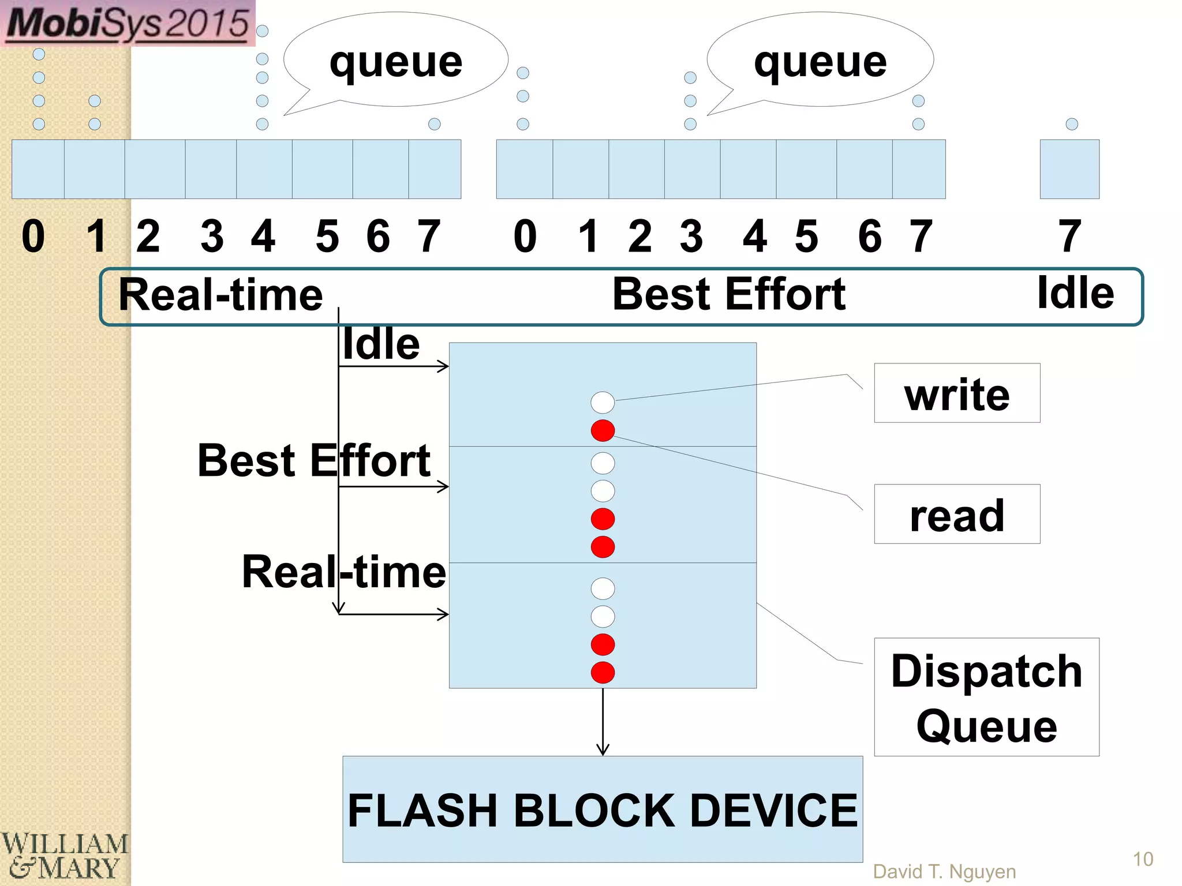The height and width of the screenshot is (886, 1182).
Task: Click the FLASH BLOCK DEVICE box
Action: (x=602, y=809)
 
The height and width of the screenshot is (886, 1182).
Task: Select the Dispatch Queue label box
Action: (x=986, y=697)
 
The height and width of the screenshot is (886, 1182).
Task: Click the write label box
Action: (x=956, y=393)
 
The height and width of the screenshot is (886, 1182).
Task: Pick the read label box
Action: (x=956, y=514)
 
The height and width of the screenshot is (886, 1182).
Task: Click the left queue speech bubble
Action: (x=396, y=60)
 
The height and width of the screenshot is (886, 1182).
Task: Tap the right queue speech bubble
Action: (x=820, y=60)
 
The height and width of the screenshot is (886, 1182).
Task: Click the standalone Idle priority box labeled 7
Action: (x=1069, y=169)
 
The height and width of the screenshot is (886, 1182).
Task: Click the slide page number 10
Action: (x=1142, y=859)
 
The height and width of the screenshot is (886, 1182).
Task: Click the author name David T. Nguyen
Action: (x=944, y=871)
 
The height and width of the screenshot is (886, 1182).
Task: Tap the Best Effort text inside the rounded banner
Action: (x=728, y=294)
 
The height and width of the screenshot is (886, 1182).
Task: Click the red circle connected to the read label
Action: (x=603, y=430)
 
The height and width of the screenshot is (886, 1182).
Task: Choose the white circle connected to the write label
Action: (x=603, y=402)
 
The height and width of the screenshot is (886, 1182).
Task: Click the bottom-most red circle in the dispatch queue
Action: (x=603, y=672)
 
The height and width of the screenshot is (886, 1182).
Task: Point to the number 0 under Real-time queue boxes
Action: (x=33, y=236)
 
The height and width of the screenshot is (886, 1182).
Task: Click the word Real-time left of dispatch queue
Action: (x=343, y=571)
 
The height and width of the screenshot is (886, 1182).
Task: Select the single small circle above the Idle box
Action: (x=1072, y=123)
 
